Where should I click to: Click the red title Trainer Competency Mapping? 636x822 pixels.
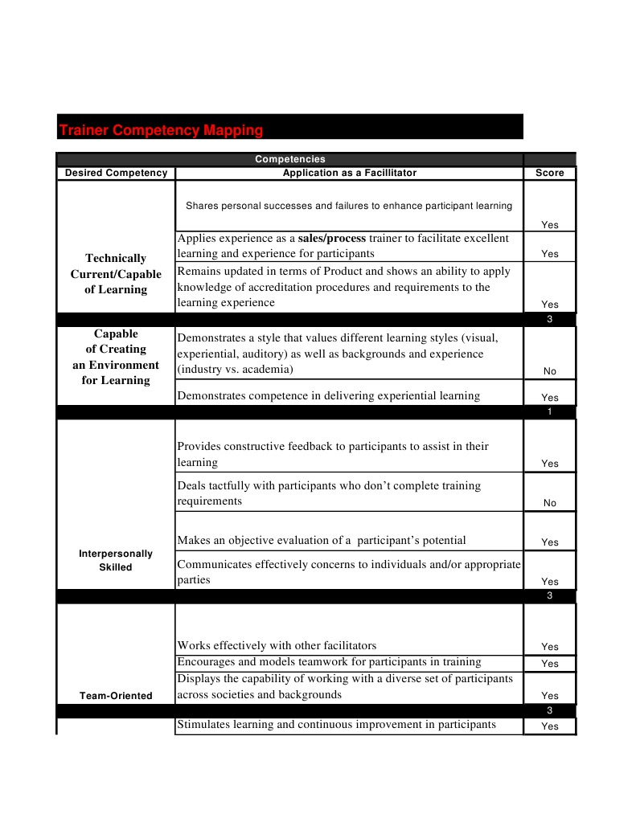point(161,129)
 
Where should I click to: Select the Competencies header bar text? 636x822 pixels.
point(289,159)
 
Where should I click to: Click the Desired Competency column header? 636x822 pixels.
point(116,173)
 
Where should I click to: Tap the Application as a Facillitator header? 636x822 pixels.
point(349,173)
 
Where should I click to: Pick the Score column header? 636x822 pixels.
point(549,173)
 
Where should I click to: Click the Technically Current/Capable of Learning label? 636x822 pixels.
point(116,274)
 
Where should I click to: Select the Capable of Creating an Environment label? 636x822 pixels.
point(116,357)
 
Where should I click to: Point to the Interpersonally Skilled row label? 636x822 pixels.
point(116,560)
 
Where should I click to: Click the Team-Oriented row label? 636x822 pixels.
point(116,696)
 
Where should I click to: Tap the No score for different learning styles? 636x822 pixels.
point(549,371)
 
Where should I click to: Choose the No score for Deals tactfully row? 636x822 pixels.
point(549,503)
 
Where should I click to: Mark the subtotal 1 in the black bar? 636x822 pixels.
point(549,412)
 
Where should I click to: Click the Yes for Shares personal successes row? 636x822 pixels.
point(549,225)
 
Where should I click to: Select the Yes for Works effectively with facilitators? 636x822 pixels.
point(549,647)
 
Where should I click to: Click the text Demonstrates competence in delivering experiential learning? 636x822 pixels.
point(328,395)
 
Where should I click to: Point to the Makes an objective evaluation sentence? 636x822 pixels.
point(321,540)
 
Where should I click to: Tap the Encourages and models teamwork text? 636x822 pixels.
point(329,662)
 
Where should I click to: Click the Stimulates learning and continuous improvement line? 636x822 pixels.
point(336,725)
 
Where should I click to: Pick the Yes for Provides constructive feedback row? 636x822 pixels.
point(549,464)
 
